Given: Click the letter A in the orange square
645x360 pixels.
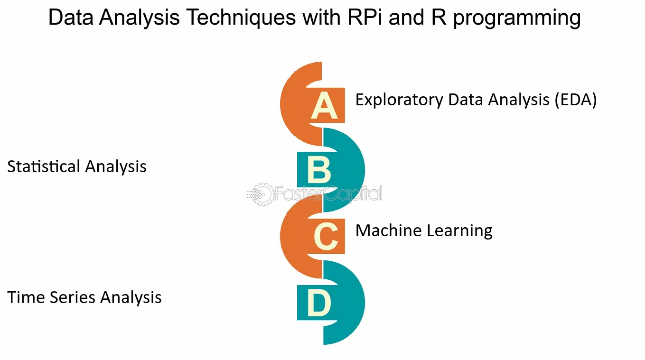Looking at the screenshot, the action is click(324, 105).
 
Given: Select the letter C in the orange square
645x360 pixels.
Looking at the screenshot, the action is click(326, 236).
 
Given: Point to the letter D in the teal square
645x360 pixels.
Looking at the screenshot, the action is click(319, 303).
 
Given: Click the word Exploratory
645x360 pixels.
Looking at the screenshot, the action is click(399, 100).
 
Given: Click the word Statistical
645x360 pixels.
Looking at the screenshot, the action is click(44, 166).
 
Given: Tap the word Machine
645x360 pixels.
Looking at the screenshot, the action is click(389, 231).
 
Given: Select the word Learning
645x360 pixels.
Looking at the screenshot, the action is click(460, 231).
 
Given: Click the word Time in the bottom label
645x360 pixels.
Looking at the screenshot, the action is click(25, 297).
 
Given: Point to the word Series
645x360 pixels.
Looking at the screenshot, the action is click(72, 297).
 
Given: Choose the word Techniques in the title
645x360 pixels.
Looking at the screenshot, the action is click(241, 17).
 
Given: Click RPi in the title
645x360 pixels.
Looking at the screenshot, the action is click(365, 17).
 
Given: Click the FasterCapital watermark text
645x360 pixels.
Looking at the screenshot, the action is click(329, 194).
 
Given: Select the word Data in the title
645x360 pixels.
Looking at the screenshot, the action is click(71, 17).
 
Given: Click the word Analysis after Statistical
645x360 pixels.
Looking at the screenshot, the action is click(116, 167).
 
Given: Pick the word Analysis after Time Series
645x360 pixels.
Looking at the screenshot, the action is click(131, 298).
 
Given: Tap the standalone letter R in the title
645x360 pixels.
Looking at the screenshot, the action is click(439, 17).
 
